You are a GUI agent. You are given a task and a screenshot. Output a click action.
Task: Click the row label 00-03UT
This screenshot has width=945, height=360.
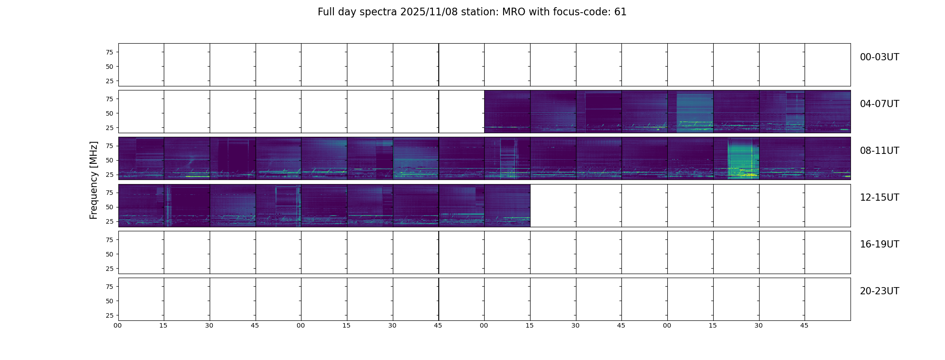(879, 57)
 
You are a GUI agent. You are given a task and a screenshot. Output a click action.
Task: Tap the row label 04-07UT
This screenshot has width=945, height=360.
(879, 104)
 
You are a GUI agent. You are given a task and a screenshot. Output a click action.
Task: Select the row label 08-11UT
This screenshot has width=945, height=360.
(879, 151)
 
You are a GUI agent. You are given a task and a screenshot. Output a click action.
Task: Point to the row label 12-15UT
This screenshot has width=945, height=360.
(879, 198)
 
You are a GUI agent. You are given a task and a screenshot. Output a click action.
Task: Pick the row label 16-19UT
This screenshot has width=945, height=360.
(879, 244)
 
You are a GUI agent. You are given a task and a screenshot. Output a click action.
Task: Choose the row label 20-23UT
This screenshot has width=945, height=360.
(879, 291)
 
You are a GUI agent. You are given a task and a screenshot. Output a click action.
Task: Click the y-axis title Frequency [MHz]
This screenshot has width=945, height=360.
(94, 180)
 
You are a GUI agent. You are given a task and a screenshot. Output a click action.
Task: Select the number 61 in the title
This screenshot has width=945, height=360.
(621, 12)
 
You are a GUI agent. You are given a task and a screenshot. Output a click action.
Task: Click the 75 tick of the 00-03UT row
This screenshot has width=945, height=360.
(109, 52)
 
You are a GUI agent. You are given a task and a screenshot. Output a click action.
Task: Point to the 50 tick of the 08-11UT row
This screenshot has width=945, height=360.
(109, 160)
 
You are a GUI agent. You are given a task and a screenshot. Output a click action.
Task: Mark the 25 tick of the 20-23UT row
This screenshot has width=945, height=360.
(109, 315)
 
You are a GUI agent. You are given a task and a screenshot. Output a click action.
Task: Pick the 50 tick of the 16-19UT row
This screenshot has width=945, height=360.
(109, 254)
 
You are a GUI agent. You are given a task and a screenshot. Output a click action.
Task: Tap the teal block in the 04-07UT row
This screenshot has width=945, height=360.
(695, 112)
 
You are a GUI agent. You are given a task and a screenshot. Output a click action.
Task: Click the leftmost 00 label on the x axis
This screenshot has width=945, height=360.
(118, 325)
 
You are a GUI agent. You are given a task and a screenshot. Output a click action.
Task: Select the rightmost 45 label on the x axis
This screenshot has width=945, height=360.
(804, 325)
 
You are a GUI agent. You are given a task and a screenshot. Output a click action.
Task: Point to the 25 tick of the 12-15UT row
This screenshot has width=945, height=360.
(109, 221)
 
